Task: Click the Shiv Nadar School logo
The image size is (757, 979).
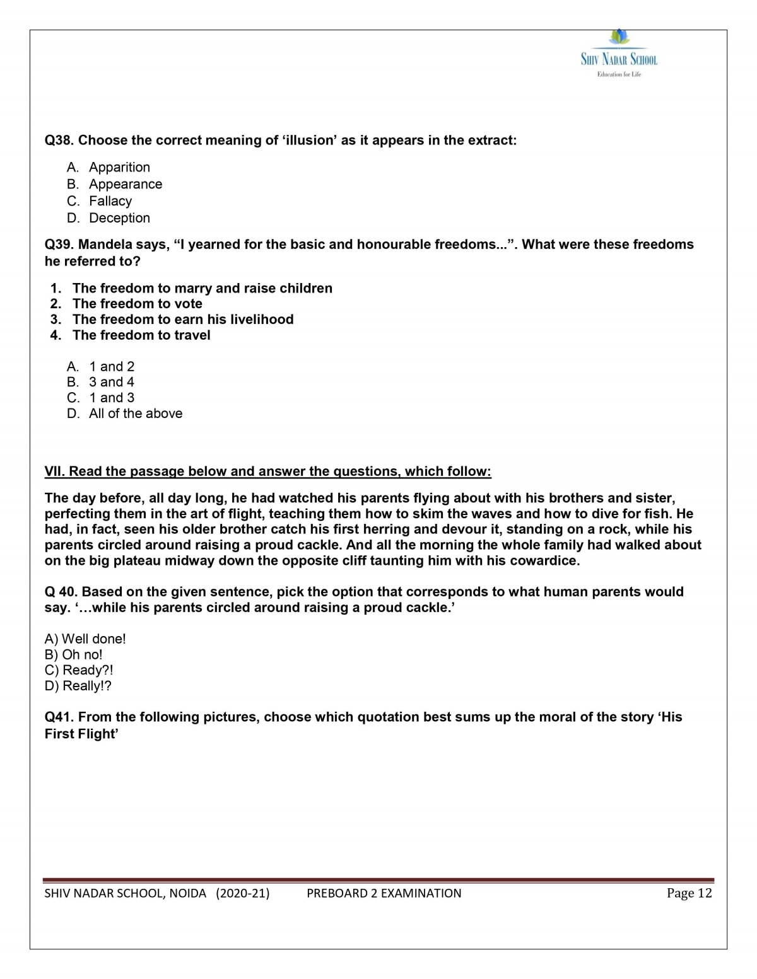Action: [x=619, y=54]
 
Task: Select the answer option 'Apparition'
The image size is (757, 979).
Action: [x=119, y=167]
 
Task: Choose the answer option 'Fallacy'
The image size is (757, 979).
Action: [x=110, y=201]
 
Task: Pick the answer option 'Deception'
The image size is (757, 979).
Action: [x=119, y=218]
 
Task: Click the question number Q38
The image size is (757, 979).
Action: [x=59, y=141]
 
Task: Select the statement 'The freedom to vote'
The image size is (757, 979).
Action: [x=137, y=304]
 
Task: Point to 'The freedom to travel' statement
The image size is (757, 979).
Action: [x=141, y=335]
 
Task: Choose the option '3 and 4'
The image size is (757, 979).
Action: [x=112, y=382]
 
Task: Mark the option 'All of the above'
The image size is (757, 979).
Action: [x=136, y=414]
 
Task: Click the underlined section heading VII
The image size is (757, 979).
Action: [x=267, y=472]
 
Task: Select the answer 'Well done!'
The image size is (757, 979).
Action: [x=93, y=639]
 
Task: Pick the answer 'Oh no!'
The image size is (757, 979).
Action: [x=82, y=655]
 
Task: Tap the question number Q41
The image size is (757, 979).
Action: [x=59, y=717]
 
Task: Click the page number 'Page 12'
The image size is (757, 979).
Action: [x=689, y=893]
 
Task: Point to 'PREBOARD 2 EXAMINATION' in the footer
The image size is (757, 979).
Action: [x=384, y=893]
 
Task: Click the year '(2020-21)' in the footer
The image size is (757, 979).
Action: [x=242, y=893]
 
